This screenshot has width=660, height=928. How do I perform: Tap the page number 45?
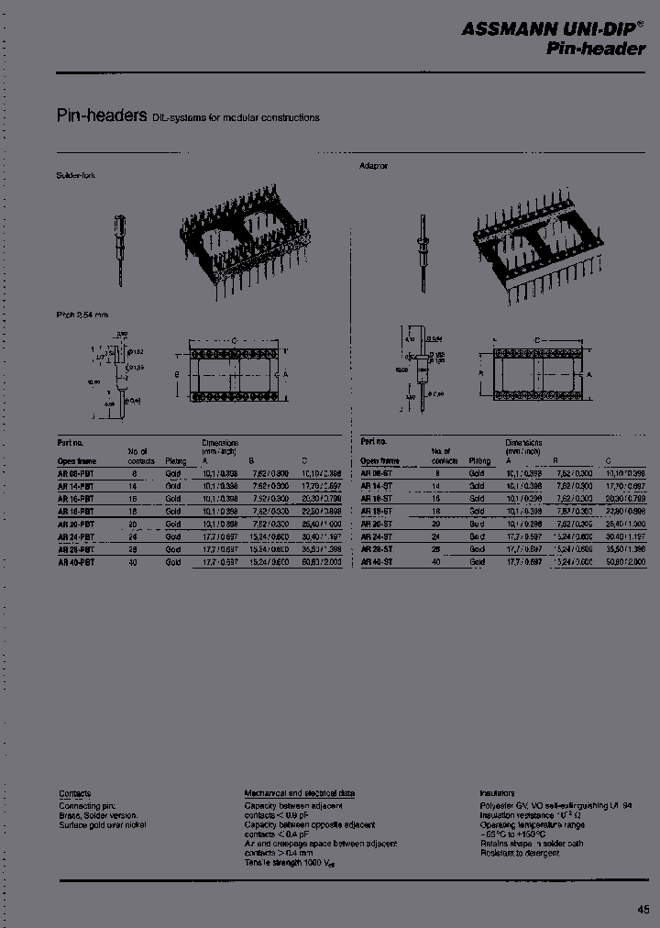(643, 909)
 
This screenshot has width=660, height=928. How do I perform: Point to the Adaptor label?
(373, 167)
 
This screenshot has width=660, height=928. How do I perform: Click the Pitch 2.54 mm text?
(82, 315)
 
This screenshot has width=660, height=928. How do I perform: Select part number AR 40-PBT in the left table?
(76, 562)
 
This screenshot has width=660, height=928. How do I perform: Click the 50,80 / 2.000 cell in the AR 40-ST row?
(626, 562)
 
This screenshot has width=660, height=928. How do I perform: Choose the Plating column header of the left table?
(175, 461)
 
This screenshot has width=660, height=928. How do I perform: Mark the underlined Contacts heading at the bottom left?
(74, 793)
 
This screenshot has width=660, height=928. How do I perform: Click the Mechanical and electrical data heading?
(300, 793)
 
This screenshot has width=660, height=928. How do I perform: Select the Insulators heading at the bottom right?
(499, 793)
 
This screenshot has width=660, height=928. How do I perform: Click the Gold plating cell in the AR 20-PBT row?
(173, 524)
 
